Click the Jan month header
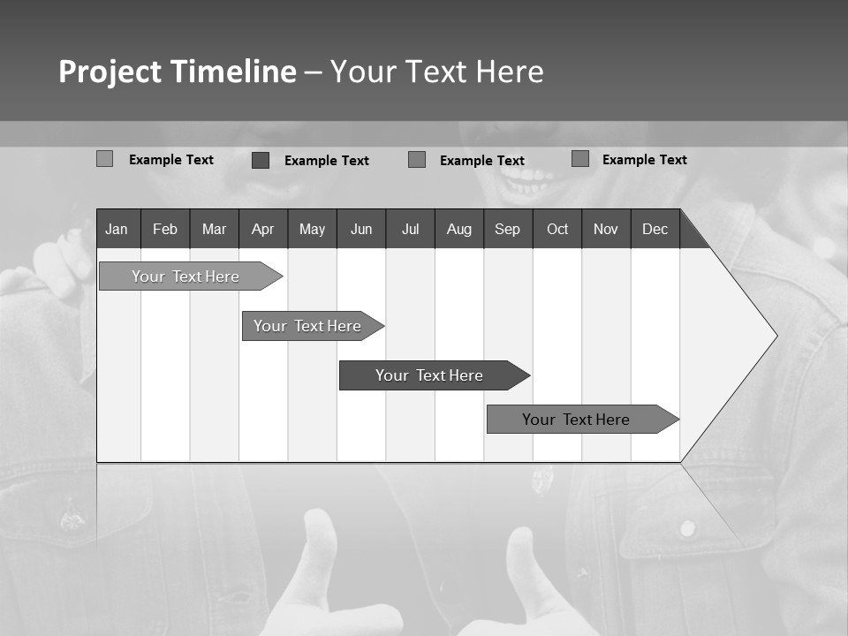117,229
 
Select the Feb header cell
165,229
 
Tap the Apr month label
262,229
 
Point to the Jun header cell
361,229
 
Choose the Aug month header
459,229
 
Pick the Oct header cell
557,229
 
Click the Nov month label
606,229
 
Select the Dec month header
655,229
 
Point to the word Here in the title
510,72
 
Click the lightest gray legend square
104,159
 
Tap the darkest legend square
261,160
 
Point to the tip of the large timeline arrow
775,336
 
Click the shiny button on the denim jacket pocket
687,528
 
